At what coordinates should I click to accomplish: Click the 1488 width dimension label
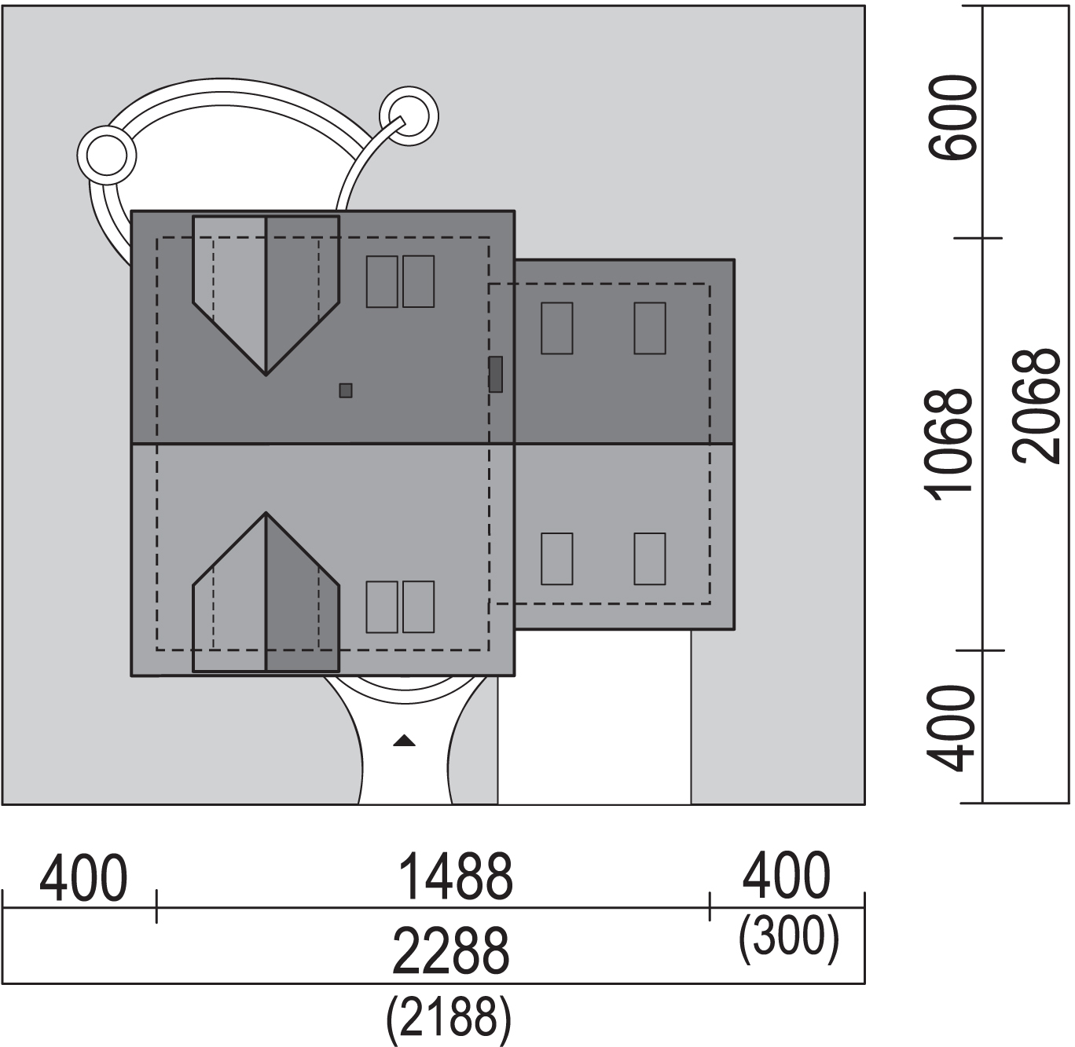coord(455,877)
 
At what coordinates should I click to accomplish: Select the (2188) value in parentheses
coord(449,1017)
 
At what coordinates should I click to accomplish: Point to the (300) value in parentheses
coord(789,939)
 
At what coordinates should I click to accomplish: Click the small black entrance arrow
coord(404,741)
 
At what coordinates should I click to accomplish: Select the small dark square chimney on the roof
coord(345,390)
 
